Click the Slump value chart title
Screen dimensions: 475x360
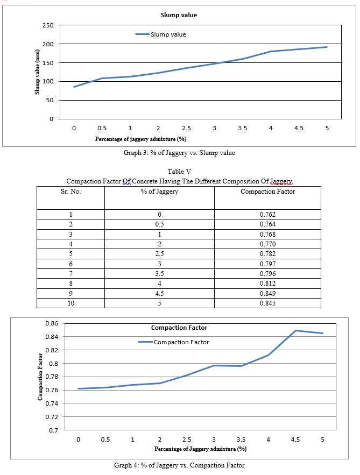[x=179, y=15]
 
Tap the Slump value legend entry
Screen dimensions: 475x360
[x=167, y=34]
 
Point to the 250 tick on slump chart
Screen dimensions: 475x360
[x=47, y=25]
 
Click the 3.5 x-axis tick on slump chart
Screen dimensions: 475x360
[x=242, y=128]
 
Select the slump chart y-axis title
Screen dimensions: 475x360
[x=38, y=72]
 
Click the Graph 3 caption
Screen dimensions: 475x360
[x=179, y=153]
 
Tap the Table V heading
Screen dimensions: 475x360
[x=179, y=172]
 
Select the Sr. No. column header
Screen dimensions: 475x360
[x=70, y=192]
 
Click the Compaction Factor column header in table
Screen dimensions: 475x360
[x=267, y=192]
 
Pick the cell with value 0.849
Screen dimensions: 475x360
[x=267, y=293]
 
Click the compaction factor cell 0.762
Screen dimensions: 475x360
[x=267, y=215]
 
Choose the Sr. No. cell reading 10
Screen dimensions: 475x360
[x=70, y=303]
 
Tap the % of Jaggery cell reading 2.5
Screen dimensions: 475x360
[x=159, y=254]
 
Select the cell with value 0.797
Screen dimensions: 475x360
[x=267, y=264]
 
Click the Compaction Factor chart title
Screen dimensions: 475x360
[x=179, y=328]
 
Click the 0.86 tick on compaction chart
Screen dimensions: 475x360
[x=51, y=324]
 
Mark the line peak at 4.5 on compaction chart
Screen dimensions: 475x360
[x=295, y=330]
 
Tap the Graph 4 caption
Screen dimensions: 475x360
[x=179, y=465]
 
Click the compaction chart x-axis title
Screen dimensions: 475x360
[x=200, y=449]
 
